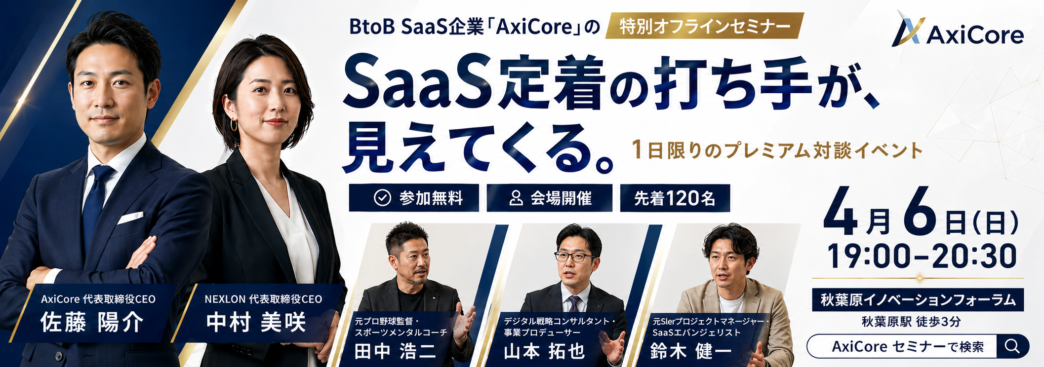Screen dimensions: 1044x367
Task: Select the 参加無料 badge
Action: (x=414, y=198)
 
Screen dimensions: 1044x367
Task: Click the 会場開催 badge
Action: (x=550, y=198)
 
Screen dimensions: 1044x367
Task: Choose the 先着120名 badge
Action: (x=675, y=198)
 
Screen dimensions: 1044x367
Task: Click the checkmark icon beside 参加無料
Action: (x=382, y=198)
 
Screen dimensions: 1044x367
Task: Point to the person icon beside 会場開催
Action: (x=516, y=198)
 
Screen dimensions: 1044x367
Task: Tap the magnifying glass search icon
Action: (x=1012, y=346)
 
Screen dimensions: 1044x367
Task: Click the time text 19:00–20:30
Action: (x=922, y=256)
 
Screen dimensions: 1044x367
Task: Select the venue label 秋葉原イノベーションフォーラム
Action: (x=918, y=300)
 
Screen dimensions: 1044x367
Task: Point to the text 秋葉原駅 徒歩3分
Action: (x=911, y=322)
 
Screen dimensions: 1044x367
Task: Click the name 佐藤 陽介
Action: (x=92, y=323)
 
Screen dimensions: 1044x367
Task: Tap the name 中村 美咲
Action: (x=256, y=323)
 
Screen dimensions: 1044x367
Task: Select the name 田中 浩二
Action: (x=395, y=351)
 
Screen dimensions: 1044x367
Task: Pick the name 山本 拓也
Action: (x=544, y=351)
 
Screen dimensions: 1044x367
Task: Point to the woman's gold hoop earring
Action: (x=234, y=124)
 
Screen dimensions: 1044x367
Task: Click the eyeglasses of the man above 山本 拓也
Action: (x=574, y=257)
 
